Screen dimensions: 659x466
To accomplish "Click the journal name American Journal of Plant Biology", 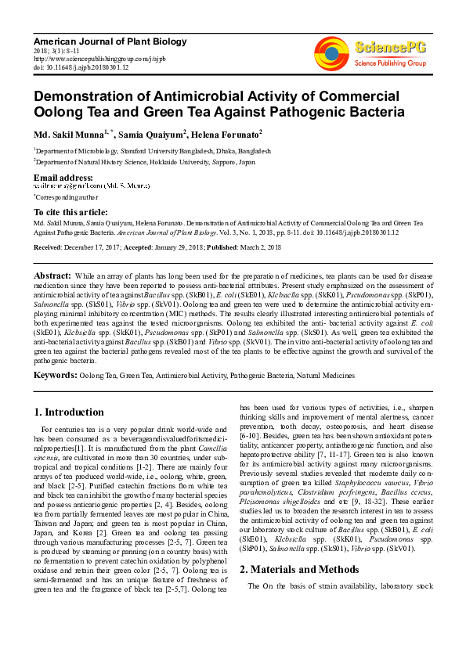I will (x=110, y=41).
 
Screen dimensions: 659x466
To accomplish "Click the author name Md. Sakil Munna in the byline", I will (x=69, y=135).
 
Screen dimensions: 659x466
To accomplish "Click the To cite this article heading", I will (x=70, y=212).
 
